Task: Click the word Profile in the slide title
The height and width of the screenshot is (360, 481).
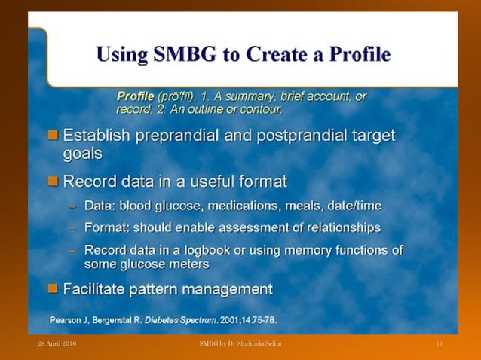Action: pos(354,55)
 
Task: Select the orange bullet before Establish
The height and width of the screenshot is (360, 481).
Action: pos(53,136)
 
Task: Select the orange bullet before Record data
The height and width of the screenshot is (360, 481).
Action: pos(53,181)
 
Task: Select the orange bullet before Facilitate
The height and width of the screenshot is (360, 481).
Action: pos(53,288)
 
